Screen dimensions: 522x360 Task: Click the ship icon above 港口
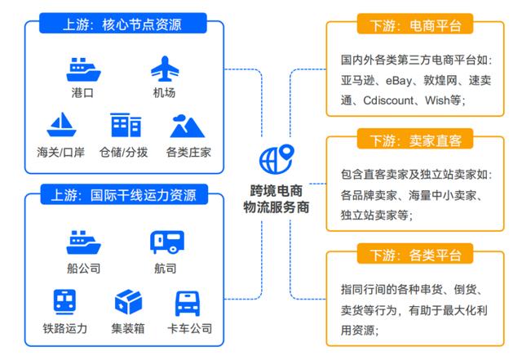[x=83, y=69]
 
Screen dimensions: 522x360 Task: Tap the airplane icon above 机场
[x=165, y=69]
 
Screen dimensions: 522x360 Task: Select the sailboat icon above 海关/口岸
[x=62, y=125]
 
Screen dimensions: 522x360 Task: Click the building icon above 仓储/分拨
[x=126, y=125]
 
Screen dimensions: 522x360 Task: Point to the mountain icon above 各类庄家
[x=187, y=126]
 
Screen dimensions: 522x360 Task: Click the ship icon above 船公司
[x=83, y=242]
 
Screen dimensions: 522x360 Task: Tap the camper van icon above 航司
[x=167, y=242]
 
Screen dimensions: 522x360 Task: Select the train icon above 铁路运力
[x=64, y=302]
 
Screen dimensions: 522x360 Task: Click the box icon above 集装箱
[x=129, y=302]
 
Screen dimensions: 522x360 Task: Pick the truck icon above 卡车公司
[x=188, y=304]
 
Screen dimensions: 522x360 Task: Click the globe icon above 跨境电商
[x=276, y=159]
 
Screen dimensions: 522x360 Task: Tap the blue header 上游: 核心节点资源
[x=123, y=24]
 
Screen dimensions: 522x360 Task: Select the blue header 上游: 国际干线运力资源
[x=124, y=194]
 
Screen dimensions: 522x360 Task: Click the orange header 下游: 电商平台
[x=415, y=24]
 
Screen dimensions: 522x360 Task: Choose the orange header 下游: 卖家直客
[x=415, y=139]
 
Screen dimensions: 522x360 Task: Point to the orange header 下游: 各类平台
[x=415, y=254]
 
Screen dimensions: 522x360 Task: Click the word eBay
[x=399, y=80]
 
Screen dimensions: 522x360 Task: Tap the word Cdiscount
[x=388, y=100]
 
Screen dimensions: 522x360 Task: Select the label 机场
[x=164, y=92]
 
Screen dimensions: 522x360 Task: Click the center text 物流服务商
[x=276, y=207]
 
